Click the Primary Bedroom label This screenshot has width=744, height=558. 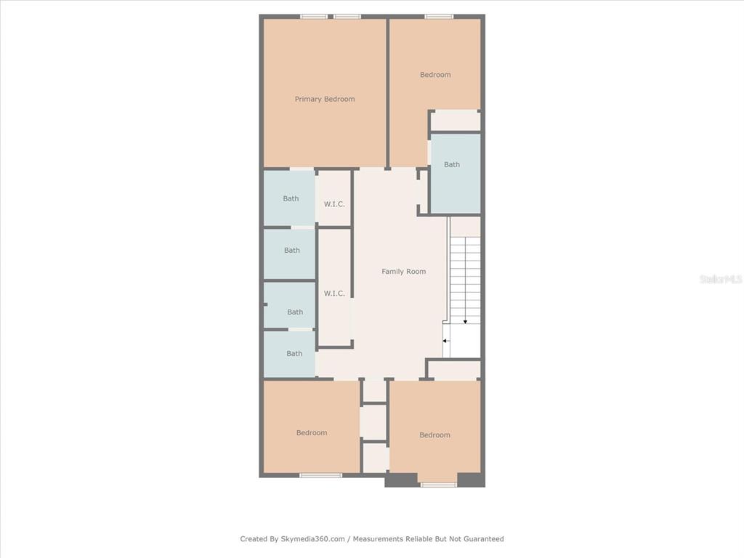pyautogui.click(x=325, y=99)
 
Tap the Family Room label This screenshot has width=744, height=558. pyautogui.click(x=404, y=272)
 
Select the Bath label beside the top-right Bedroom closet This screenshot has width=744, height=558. pyautogui.click(x=452, y=165)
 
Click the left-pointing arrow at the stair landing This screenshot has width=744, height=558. pyautogui.click(x=446, y=341)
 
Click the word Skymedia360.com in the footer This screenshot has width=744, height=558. pyautogui.click(x=312, y=538)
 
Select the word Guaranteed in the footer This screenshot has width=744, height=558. pyautogui.click(x=483, y=538)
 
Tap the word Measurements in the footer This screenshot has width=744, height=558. pyautogui.click(x=378, y=538)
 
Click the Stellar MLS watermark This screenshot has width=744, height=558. pyautogui.click(x=721, y=279)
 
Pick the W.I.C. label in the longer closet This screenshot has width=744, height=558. pyautogui.click(x=334, y=294)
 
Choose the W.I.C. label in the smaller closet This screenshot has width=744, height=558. pyautogui.click(x=334, y=204)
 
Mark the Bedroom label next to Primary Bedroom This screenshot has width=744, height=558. pyautogui.click(x=435, y=75)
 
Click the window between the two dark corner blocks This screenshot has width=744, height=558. pyautogui.click(x=438, y=485)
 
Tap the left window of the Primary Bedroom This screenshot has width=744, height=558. pyautogui.click(x=314, y=17)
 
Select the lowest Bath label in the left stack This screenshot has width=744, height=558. pyautogui.click(x=294, y=354)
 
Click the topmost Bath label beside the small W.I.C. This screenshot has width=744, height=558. pyautogui.click(x=291, y=199)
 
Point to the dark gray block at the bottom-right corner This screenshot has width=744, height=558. pyautogui.click(x=471, y=480)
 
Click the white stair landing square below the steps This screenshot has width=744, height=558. pyautogui.click(x=465, y=341)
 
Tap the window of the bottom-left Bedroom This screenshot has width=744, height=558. pyautogui.click(x=320, y=475)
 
